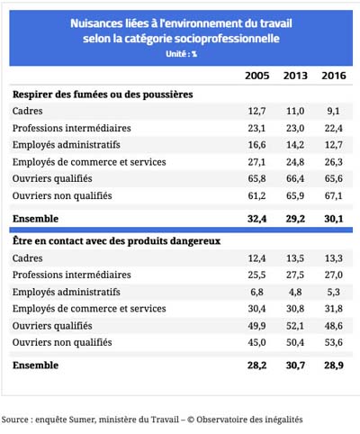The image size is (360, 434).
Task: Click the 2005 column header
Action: (x=257, y=76)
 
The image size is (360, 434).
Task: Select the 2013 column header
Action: (x=295, y=76)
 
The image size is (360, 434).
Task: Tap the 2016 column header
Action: (x=334, y=76)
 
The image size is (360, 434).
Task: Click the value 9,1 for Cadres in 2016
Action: (x=333, y=111)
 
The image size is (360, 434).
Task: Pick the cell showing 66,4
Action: (x=295, y=178)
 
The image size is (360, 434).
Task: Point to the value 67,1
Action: (x=333, y=195)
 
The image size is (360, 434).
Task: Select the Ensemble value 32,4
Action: (x=256, y=219)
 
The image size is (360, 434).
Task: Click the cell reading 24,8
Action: (x=295, y=162)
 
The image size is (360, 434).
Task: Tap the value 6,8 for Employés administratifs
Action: (x=256, y=292)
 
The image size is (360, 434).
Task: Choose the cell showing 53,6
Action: (x=334, y=342)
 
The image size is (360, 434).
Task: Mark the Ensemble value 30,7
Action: (x=295, y=366)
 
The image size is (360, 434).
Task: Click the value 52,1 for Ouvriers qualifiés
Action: (x=295, y=326)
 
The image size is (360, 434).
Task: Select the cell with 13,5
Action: (x=295, y=258)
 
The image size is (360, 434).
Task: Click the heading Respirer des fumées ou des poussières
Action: (x=103, y=95)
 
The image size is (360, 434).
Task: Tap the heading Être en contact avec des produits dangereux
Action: (x=116, y=241)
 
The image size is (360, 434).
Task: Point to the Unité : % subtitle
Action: (x=181, y=54)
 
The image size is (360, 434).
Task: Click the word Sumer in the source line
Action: (x=83, y=420)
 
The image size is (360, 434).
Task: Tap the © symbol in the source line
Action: (x=191, y=420)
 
